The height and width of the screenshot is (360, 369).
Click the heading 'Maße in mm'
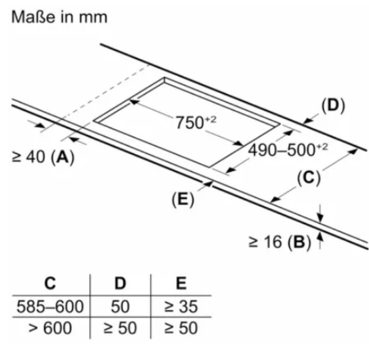tap(59, 17)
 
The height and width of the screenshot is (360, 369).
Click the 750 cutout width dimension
tap(196, 123)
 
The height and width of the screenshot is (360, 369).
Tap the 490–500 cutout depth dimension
tap(288, 150)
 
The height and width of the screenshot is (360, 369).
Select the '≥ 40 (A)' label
tap(43, 157)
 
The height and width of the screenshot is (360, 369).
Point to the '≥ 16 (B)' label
tap(280, 242)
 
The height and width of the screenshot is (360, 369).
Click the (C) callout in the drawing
tap(309, 178)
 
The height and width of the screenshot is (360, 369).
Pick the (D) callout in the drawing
tap(333, 106)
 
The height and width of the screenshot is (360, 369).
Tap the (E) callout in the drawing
tap(183, 200)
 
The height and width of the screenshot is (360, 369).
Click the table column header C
tap(50, 283)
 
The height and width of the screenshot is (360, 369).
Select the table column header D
tap(120, 283)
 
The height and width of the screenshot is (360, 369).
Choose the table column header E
tap(181, 283)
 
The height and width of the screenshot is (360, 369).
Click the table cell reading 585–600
tap(50, 307)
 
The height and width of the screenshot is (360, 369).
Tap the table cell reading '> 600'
tap(50, 328)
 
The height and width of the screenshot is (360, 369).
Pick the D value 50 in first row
tap(120, 307)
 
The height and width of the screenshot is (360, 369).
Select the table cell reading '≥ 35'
tap(181, 307)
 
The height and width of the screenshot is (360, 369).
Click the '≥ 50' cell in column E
tap(181, 328)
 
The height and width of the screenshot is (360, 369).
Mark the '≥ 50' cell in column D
tap(120, 328)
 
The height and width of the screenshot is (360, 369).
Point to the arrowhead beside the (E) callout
tap(208, 184)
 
